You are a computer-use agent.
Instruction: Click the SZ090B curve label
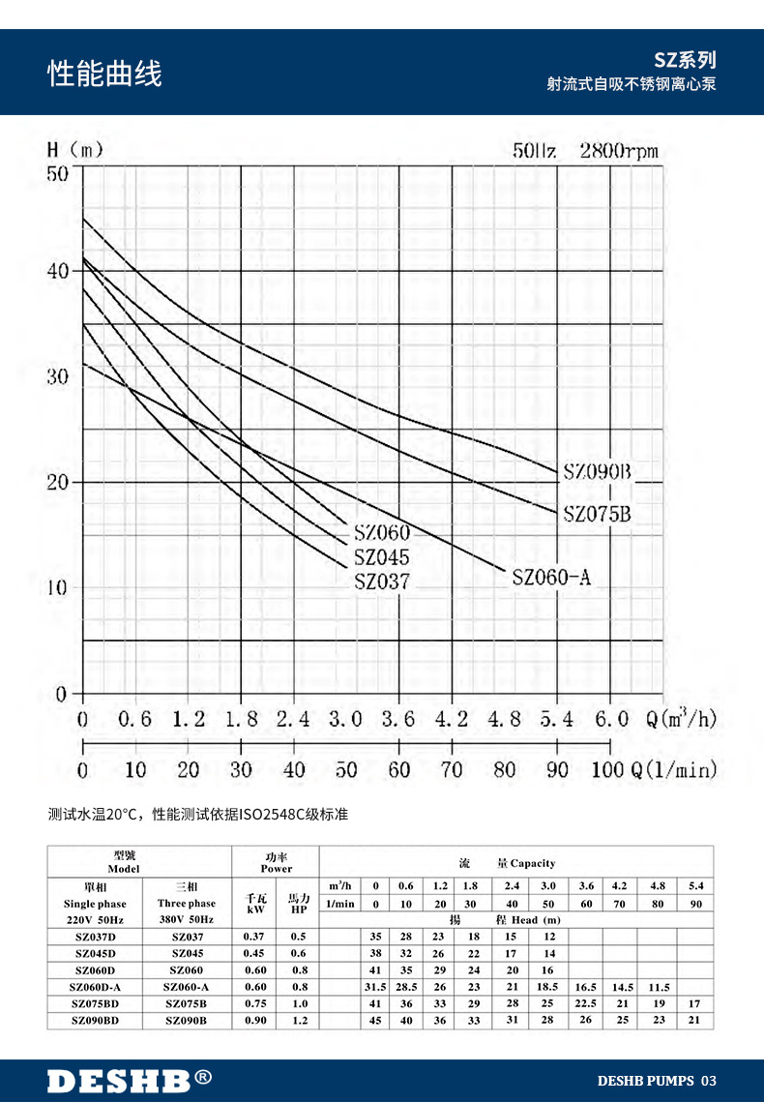597,472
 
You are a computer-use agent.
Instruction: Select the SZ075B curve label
597,514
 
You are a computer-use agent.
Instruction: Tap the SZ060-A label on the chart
550,578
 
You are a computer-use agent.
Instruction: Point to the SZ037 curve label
381,582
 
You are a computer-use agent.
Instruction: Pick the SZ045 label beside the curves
381,558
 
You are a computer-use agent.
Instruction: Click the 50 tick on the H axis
58,172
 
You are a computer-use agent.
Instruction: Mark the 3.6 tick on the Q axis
398,720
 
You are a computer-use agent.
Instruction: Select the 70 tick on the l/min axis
451,770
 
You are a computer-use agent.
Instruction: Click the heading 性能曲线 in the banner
105,74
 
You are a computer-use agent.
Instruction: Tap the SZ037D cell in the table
96,937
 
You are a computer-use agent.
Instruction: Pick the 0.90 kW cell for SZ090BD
254,1020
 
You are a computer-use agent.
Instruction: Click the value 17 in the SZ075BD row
694,1003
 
